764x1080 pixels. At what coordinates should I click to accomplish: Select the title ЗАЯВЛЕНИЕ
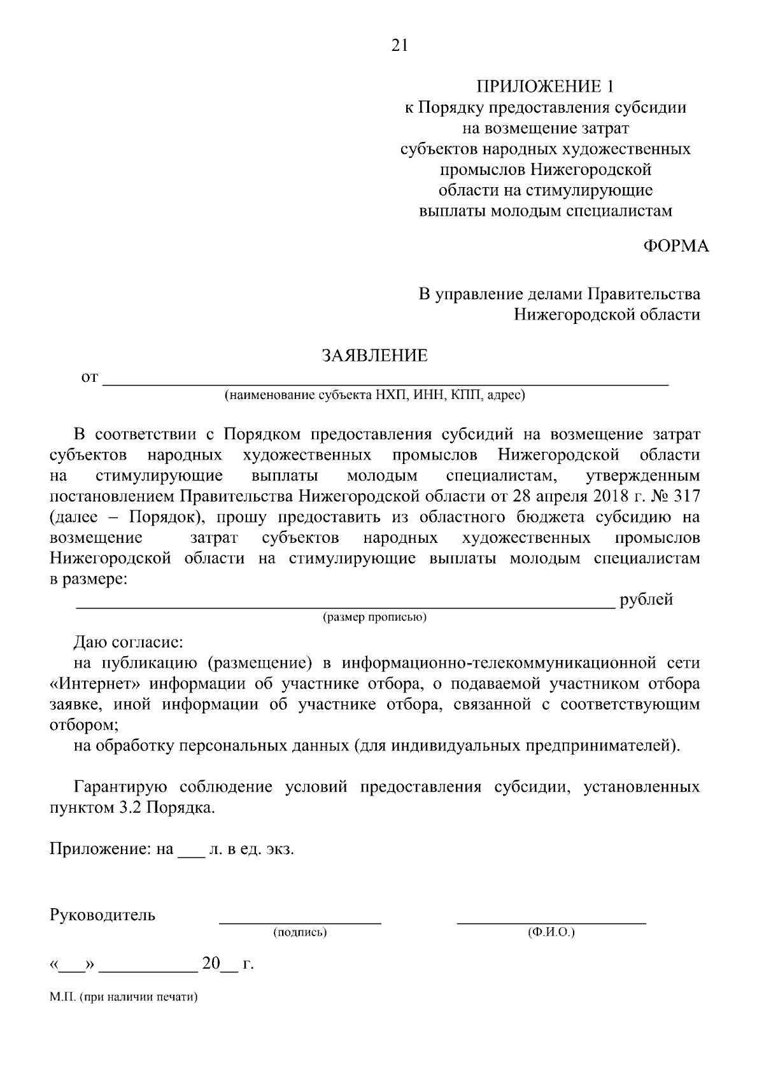click(374, 356)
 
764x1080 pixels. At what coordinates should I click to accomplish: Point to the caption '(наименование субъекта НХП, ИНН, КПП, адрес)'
click(374, 396)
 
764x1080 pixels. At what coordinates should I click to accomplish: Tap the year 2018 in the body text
click(600, 496)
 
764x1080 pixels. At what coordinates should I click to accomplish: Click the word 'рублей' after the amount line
click(646, 600)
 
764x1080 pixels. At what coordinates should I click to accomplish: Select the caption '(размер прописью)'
click(374, 617)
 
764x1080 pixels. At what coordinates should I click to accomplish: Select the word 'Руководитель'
click(102, 915)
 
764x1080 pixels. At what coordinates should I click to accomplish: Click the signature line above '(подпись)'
click(300, 921)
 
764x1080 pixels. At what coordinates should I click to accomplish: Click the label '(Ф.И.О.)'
click(551, 932)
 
